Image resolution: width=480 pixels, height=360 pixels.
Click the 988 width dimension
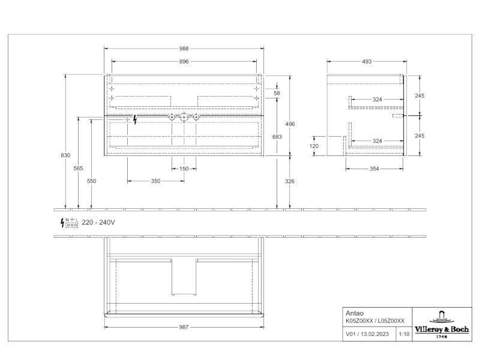click(x=184, y=49)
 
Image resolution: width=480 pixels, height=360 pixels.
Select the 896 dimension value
click(x=184, y=62)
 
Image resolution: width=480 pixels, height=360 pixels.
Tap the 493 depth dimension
click(x=367, y=62)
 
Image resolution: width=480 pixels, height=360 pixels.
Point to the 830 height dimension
click(x=65, y=155)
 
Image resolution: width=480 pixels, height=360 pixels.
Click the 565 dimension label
click(x=79, y=168)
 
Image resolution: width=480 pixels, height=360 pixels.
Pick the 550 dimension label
click(x=92, y=181)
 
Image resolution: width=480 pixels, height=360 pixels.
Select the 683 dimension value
click(x=277, y=137)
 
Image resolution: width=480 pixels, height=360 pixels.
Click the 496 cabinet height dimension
click(x=290, y=124)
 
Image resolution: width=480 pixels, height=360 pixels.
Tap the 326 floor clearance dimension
click(x=290, y=181)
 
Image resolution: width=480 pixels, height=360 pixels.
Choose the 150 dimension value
click(x=184, y=169)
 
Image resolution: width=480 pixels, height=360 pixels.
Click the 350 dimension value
click(x=155, y=181)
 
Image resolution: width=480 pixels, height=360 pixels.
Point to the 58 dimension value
click(x=277, y=93)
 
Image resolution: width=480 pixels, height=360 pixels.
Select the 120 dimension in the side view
click(x=314, y=146)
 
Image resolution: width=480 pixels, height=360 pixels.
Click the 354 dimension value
click(x=374, y=169)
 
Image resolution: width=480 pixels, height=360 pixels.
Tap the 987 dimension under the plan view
click(x=184, y=327)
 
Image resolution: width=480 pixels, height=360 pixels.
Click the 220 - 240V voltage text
click(x=98, y=222)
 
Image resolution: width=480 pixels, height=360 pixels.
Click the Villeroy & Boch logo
click(x=442, y=325)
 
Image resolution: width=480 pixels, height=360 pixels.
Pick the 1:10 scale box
click(x=404, y=334)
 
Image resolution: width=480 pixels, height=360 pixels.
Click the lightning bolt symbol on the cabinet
click(x=135, y=119)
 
